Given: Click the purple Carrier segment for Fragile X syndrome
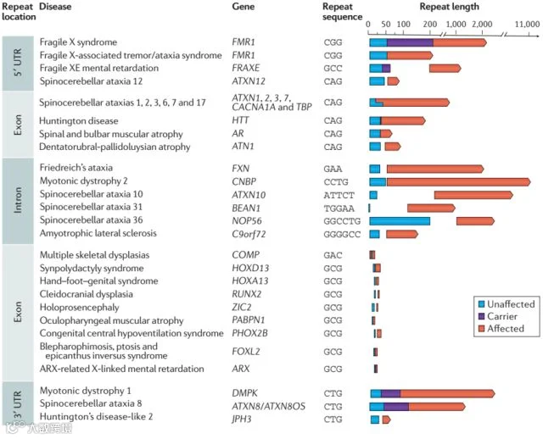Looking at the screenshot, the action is click(x=410, y=42).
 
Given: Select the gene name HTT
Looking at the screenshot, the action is click(x=240, y=120).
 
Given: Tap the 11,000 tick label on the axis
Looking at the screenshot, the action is click(x=527, y=25).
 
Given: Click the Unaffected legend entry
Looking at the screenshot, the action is click(x=507, y=304).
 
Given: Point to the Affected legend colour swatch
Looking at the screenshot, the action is click(x=481, y=328).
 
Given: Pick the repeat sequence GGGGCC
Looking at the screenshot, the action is click(x=342, y=235).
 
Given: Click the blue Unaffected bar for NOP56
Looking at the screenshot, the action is click(x=400, y=221).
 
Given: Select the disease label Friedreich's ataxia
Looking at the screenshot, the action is click(x=76, y=168).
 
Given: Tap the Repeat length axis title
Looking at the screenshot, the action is click(x=449, y=7).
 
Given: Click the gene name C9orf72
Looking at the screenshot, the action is click(x=249, y=234).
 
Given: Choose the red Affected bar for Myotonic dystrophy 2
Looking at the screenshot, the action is click(x=458, y=182).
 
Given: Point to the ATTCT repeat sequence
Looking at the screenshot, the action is click(x=339, y=196).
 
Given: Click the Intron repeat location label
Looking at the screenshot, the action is click(x=18, y=200).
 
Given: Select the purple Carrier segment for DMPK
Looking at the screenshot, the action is click(x=390, y=394).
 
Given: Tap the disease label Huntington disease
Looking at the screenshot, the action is click(x=79, y=120).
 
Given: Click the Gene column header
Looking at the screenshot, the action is click(x=244, y=7).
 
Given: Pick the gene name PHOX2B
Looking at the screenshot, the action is click(x=249, y=333).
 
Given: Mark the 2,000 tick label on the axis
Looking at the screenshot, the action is click(x=482, y=25).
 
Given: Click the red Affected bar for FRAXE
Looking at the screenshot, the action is click(x=445, y=68).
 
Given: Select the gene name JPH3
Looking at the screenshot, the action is click(x=242, y=420).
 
